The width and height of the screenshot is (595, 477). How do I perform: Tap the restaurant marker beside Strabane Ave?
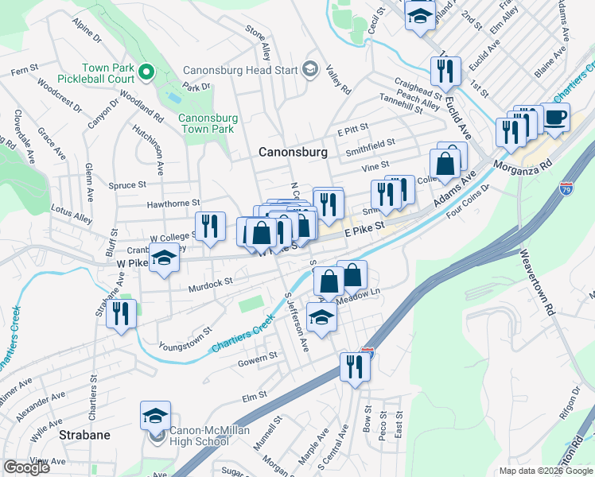coord(121,312)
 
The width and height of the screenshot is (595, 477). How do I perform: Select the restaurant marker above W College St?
coord(209,226)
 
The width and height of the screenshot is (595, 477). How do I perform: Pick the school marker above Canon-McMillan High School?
coord(155,414)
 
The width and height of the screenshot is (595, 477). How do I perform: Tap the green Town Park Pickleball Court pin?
coord(146,72)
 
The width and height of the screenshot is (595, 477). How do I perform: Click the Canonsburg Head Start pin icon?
coord(309,69)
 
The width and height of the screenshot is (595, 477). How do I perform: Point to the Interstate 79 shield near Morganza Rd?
coord(565,188)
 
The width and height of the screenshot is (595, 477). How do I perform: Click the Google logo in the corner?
coord(26,467)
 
